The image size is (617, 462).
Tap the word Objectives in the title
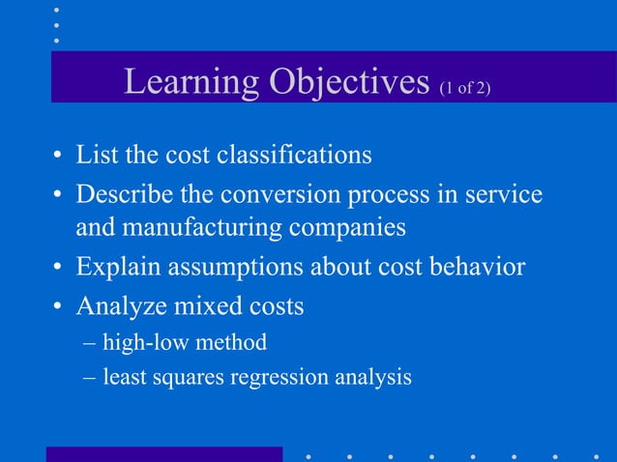click(x=348, y=83)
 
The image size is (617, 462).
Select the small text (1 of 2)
click(x=465, y=89)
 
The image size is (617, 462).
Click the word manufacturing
click(x=217, y=230)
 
